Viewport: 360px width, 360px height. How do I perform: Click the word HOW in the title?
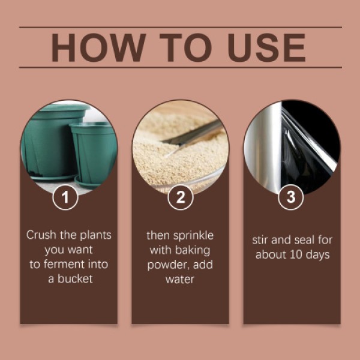point(99,47)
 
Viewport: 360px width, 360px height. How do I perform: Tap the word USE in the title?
point(266,47)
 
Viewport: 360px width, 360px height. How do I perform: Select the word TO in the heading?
point(185,47)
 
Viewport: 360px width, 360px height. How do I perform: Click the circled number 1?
point(65,197)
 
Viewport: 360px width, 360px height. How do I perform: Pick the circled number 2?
point(181,197)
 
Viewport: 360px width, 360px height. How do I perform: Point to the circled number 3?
point(290,197)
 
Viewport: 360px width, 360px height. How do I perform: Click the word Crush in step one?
point(41,235)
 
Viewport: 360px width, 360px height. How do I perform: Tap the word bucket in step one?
point(76,279)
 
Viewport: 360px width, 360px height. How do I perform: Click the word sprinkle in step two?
point(193,236)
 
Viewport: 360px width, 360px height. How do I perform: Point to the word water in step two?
point(180,280)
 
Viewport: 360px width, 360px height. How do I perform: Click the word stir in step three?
point(260,241)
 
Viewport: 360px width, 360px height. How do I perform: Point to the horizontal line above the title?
point(181,28)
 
